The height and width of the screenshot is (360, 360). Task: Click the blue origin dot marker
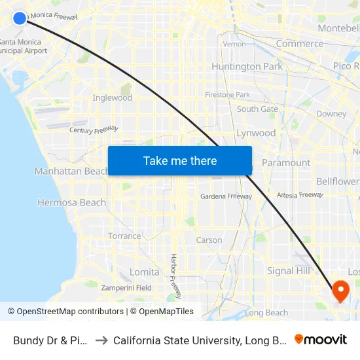click(20, 18)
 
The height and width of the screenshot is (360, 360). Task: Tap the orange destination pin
click(341, 290)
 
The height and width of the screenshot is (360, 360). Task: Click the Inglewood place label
click(113, 98)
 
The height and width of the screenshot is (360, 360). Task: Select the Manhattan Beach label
click(71, 171)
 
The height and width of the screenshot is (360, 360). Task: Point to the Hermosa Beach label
click(71, 203)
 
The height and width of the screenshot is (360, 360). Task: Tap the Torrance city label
click(124, 236)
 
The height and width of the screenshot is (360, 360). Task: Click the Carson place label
click(209, 240)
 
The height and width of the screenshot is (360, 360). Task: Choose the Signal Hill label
click(289, 271)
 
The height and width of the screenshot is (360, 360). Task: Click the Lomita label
click(145, 272)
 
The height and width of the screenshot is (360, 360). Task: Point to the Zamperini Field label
click(126, 288)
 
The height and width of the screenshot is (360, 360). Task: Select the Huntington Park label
click(247, 67)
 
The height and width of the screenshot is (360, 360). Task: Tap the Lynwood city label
click(256, 133)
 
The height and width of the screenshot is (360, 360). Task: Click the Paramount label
click(286, 163)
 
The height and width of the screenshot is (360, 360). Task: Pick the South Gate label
click(257, 109)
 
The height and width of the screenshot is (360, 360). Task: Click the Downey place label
click(331, 114)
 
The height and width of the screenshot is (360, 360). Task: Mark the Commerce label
click(300, 44)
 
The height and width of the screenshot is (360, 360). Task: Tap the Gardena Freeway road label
click(226, 196)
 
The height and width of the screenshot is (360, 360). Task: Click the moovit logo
click(321, 340)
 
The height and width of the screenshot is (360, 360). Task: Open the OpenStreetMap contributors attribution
click(65, 312)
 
